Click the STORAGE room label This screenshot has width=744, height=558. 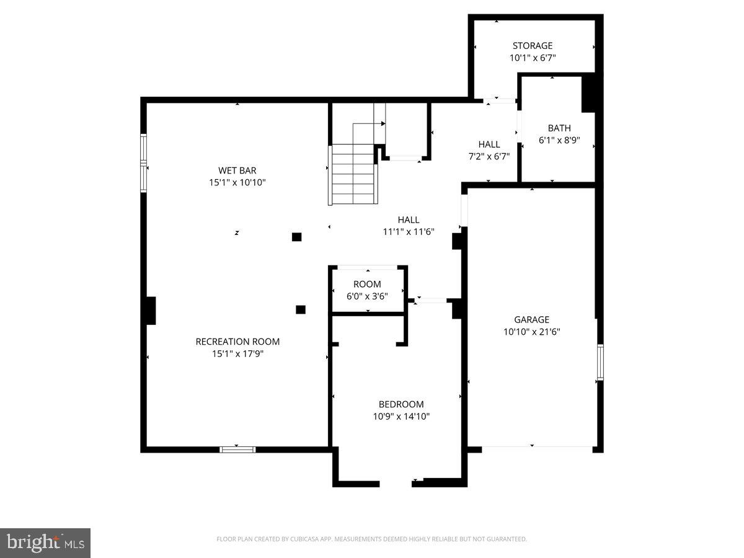click(532, 45)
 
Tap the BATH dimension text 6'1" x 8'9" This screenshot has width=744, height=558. click(559, 140)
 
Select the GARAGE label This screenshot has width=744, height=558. click(531, 319)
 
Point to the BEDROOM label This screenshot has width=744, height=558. click(401, 404)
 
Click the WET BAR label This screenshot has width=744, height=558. click(237, 170)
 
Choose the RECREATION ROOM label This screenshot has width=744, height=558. click(237, 342)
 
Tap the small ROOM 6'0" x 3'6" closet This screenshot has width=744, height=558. click(367, 290)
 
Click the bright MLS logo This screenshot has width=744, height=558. click(45, 543)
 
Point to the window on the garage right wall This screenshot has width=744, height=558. click(600, 362)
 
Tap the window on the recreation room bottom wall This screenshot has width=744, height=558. click(237, 449)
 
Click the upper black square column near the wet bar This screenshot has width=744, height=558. click(296, 236)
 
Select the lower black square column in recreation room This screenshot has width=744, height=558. click(301, 309)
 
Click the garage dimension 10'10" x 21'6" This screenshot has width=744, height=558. click(531, 332)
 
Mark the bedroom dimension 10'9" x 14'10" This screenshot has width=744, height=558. click(401, 417)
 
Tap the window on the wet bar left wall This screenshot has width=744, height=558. click(143, 163)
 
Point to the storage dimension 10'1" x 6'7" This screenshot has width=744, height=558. click(532, 58)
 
